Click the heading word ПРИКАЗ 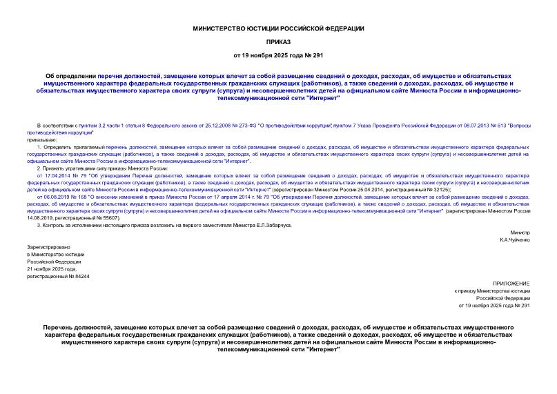pyautogui.click(x=277, y=41)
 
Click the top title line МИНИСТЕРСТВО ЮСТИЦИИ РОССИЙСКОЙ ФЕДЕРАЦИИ pyautogui.click(x=277, y=28)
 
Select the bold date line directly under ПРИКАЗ pyautogui.click(x=277, y=55)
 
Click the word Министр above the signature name pyautogui.click(x=520, y=233)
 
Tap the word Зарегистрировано pyautogui.click(x=48, y=246)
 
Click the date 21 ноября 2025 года pyautogui.click(x=53, y=268)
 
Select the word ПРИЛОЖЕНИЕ pyautogui.click(x=512, y=284)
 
